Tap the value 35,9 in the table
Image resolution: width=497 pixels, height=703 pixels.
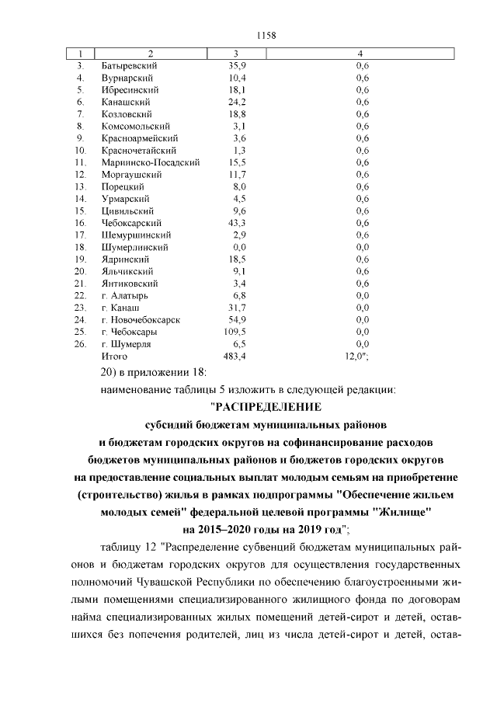[237, 66]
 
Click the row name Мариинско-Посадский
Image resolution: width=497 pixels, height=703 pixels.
[151, 162]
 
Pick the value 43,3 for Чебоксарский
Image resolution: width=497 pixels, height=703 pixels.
[237, 223]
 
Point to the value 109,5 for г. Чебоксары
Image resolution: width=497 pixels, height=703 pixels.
[235, 331]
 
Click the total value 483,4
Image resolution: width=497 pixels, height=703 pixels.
[235, 355]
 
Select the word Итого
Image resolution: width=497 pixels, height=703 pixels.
[114, 355]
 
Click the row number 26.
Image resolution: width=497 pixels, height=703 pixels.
[79, 343]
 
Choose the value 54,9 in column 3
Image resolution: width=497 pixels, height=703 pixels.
[237, 319]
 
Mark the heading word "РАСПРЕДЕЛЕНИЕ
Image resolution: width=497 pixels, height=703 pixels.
[266, 406]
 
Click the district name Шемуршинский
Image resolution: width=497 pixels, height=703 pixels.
[137, 235]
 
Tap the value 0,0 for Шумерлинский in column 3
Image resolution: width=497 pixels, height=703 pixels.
[238, 247]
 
